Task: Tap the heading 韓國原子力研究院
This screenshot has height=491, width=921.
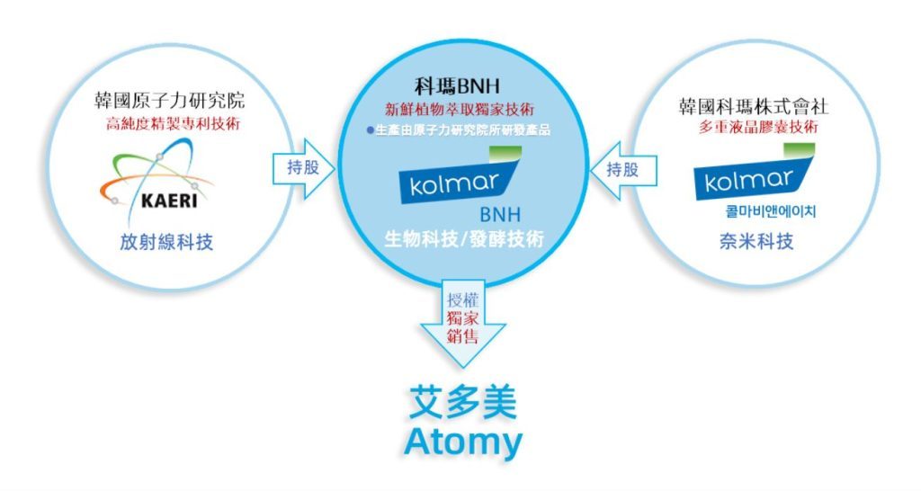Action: [169, 101]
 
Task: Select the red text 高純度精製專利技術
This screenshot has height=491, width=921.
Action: [173, 124]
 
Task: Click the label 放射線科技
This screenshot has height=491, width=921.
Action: [166, 242]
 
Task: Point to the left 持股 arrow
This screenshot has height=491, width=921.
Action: [303, 168]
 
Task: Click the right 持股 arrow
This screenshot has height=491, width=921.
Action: [623, 170]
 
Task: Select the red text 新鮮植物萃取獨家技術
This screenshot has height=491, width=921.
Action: [460, 109]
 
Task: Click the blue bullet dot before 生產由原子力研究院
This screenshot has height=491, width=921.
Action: [370, 130]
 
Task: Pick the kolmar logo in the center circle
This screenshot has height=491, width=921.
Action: [460, 176]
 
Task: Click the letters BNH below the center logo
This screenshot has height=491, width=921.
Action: [500, 214]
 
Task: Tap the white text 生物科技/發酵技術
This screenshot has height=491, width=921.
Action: [464, 239]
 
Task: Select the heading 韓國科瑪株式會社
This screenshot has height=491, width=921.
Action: [754, 106]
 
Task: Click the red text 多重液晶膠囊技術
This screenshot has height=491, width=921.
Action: [757, 127]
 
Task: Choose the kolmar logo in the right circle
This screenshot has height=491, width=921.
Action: [755, 173]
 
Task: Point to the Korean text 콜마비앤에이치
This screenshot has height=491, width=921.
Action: [771, 211]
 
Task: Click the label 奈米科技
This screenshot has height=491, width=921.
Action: [756, 241]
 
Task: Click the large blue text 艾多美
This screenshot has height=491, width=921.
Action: [463, 402]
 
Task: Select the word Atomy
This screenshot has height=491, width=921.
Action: [463, 442]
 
